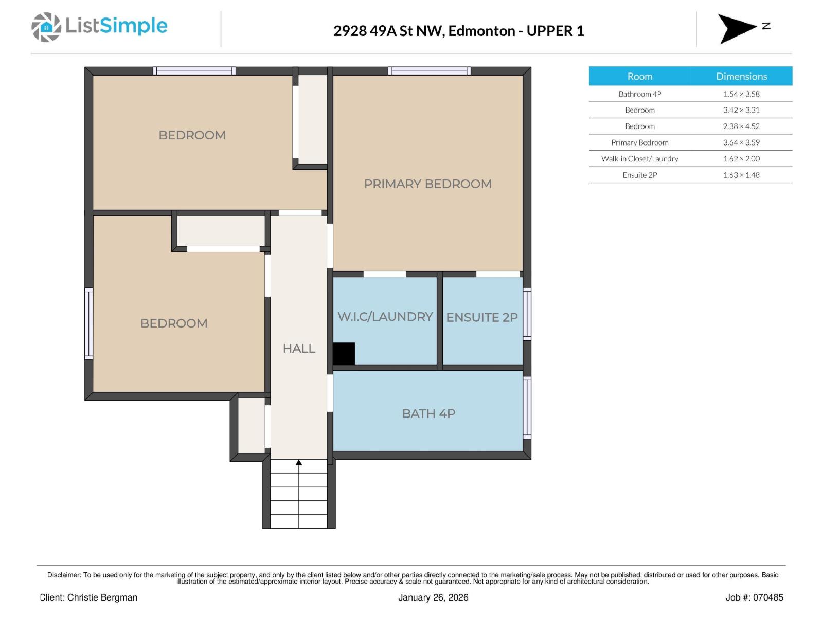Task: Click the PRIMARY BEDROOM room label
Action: [x=427, y=184]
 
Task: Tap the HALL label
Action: [x=299, y=349]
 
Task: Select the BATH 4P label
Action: [x=428, y=413]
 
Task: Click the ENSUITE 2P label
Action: [x=481, y=317]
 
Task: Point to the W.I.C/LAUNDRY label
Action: [x=385, y=316]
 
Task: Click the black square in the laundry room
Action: [x=344, y=354]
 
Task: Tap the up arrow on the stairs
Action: [x=299, y=463]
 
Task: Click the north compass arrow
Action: [x=737, y=28]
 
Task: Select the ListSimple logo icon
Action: [x=46, y=27]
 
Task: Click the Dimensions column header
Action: [x=741, y=76]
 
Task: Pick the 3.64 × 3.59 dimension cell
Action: [x=741, y=142]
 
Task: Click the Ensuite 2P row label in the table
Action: [x=639, y=175]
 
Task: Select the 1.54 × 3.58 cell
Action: [x=741, y=94]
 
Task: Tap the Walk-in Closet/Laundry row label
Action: [x=639, y=159]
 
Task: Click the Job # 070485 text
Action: [x=754, y=597]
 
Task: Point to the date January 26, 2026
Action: [x=433, y=597]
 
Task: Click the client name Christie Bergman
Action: [x=102, y=597]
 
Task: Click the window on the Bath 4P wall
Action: [x=527, y=407]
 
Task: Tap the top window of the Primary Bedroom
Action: [x=429, y=71]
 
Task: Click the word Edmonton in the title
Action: [x=481, y=31]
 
